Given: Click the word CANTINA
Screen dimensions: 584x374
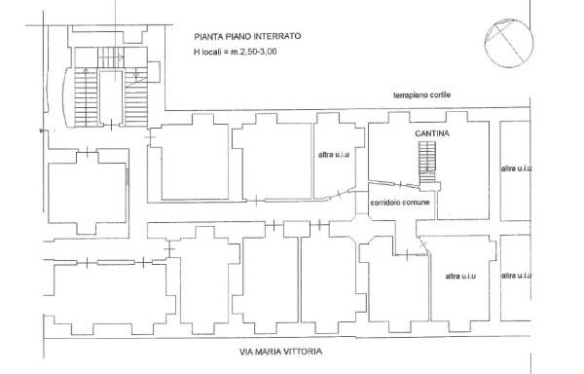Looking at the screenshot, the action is (x=432, y=133).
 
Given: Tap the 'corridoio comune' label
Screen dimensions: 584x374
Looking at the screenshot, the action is (x=400, y=203).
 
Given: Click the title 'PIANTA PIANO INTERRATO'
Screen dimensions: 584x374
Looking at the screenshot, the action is (x=247, y=36).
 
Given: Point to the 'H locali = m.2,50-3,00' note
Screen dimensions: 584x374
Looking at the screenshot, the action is (x=236, y=52).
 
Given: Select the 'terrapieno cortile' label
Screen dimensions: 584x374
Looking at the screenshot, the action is (x=421, y=95).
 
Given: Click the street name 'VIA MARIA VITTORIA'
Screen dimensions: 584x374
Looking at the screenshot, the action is (x=280, y=352).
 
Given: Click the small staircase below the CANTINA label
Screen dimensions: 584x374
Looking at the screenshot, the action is (x=427, y=163).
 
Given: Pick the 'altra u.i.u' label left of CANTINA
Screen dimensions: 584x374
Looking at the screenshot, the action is (x=334, y=154).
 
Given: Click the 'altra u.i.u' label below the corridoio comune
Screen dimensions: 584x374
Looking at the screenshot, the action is (x=460, y=276).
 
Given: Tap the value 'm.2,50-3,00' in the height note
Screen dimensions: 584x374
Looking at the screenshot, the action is (x=254, y=52).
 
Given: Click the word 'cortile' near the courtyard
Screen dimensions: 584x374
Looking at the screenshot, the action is (x=440, y=95).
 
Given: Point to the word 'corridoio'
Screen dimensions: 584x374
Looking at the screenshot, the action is (x=385, y=203).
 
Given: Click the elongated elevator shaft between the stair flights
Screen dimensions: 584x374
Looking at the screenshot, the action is (x=111, y=97).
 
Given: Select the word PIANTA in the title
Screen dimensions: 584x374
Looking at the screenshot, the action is (x=206, y=36).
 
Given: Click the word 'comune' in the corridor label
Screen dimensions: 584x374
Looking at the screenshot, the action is (x=417, y=203).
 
